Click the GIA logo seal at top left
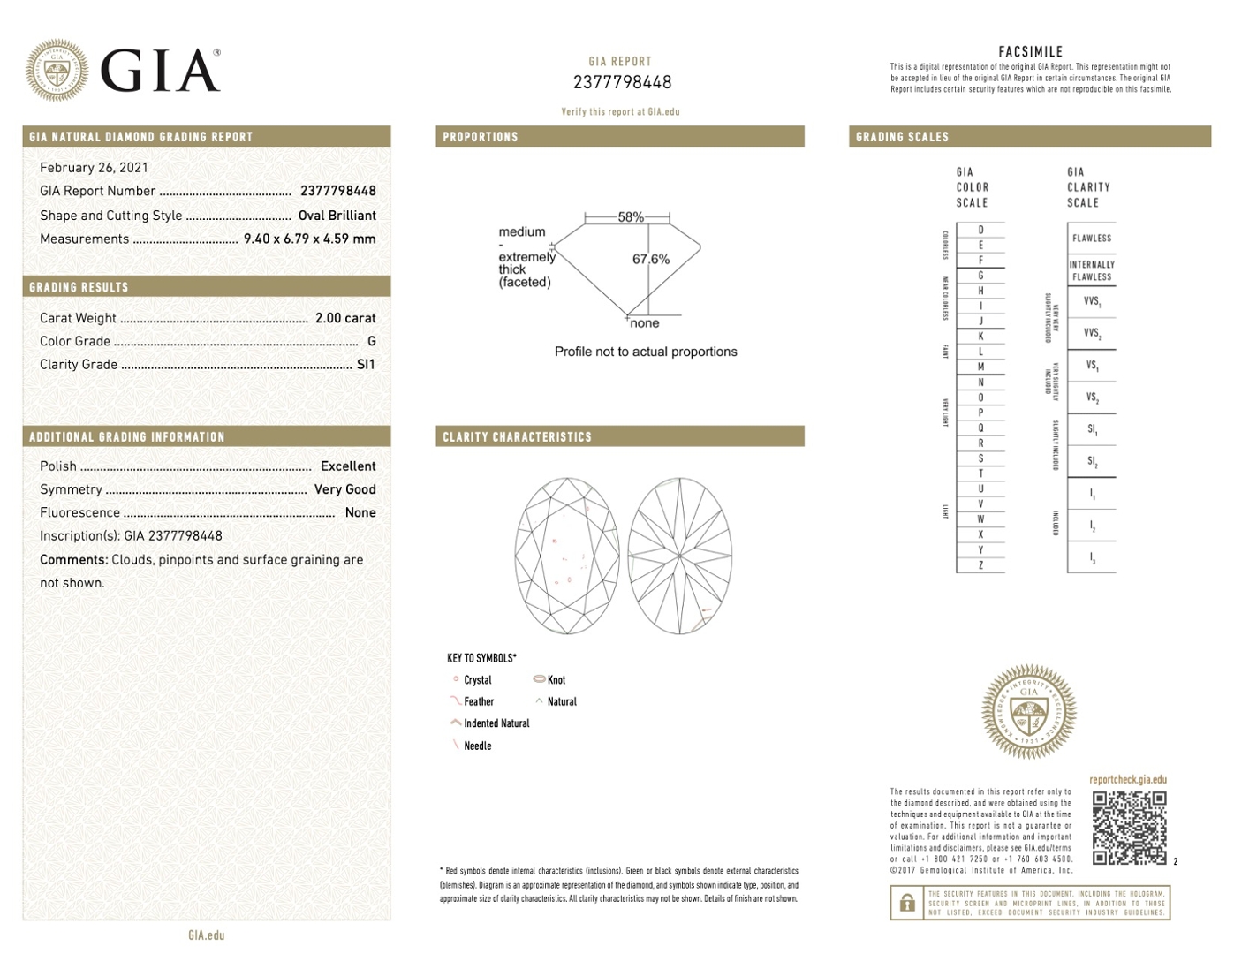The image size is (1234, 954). coord(57,70)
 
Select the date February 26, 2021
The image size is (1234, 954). coord(94,168)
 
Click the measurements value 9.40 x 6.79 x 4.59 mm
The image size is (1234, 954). coord(309,238)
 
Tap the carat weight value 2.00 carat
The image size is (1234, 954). coord(345,318)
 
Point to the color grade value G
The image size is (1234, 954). coord(371,341)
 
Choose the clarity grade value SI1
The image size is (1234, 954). coord(366,364)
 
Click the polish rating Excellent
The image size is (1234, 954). coord(348,466)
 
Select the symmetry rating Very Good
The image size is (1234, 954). coord(344,489)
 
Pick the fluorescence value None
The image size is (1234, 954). coord(360,512)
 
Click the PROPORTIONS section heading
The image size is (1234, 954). coord(481,137)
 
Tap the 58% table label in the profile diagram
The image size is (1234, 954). coord(631,216)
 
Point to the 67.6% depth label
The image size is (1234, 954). coord(651,259)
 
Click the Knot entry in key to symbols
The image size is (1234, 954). coord(556,680)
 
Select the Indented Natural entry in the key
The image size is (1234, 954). coord(496,723)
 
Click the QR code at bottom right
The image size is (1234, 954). coord(1129,828)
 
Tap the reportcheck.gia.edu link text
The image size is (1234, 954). coord(1128,780)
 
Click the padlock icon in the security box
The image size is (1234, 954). coord(907,903)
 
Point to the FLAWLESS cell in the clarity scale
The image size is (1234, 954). coord(1092,238)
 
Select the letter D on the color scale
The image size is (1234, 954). coord(980,230)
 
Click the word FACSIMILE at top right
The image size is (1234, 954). coord(1030,52)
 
